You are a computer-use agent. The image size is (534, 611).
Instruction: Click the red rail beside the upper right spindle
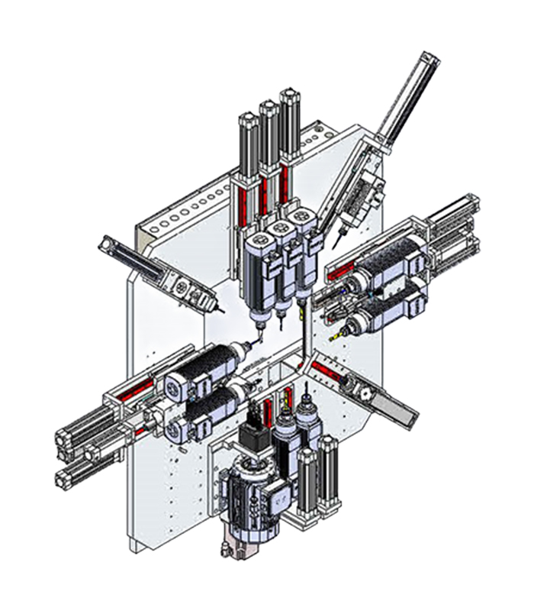tap(342, 266)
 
